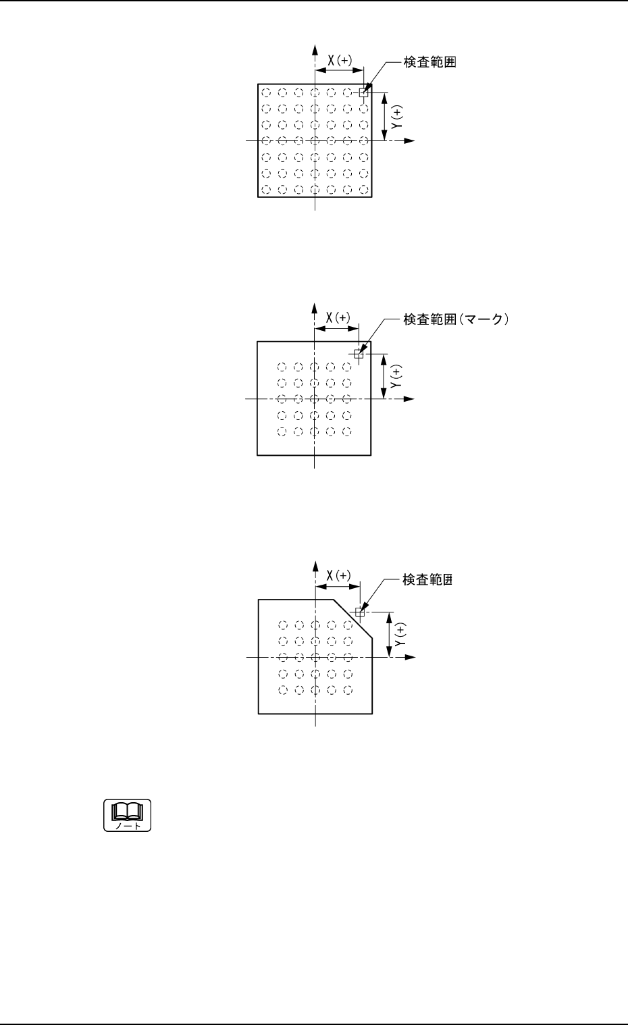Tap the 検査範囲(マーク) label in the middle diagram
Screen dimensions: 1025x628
(454, 320)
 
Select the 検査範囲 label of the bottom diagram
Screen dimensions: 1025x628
(427, 579)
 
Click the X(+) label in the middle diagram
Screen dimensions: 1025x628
(338, 318)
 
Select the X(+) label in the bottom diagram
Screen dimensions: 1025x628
(338, 576)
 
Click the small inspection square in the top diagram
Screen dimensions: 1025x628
(363, 93)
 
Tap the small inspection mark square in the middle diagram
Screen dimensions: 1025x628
(359, 353)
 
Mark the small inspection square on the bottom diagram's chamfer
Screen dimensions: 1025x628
(360, 612)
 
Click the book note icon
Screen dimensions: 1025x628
(127, 815)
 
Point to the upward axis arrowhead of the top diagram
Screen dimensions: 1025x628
(315, 49)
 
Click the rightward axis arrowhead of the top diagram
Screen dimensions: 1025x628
(409, 140)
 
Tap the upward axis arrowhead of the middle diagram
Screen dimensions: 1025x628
(315, 309)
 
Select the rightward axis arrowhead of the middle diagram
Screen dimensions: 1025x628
(409, 399)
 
